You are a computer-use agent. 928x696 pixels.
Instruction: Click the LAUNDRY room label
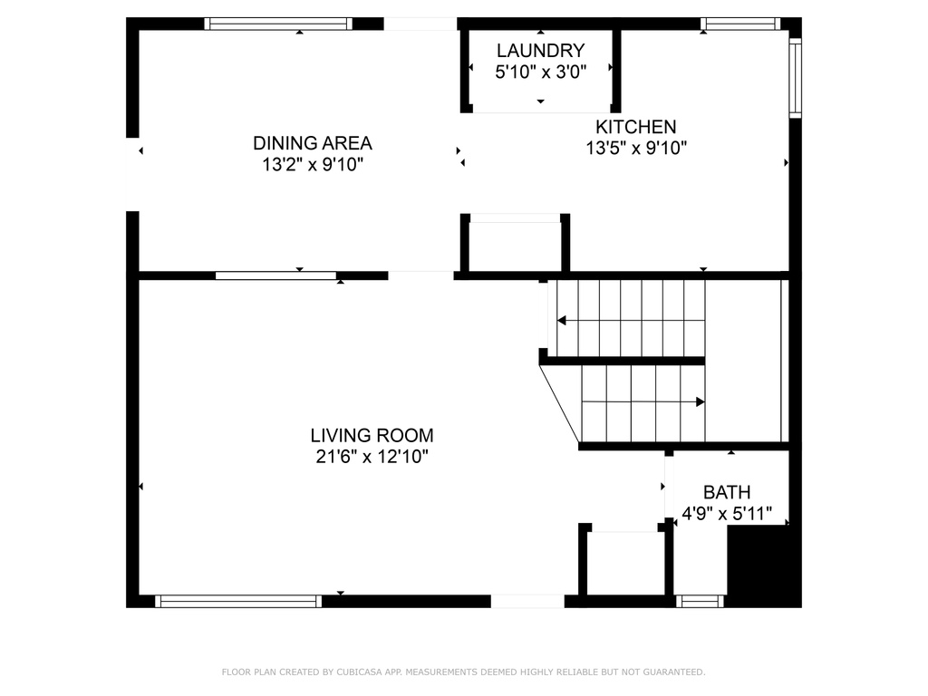pyautogui.click(x=540, y=51)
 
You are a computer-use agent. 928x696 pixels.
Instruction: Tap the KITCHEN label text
pyautogui.click(x=635, y=127)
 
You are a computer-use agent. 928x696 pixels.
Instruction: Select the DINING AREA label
pyautogui.click(x=313, y=143)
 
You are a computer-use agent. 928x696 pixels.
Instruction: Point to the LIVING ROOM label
pyautogui.click(x=372, y=436)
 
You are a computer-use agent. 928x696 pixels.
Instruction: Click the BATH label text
pyautogui.click(x=727, y=492)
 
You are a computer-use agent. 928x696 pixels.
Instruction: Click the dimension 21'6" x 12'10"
pyautogui.click(x=372, y=457)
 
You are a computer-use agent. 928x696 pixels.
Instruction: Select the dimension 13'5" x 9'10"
pyautogui.click(x=636, y=148)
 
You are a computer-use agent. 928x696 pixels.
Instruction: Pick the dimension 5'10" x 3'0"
pyautogui.click(x=540, y=72)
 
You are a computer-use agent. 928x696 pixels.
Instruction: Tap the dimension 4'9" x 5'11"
pyautogui.click(x=727, y=514)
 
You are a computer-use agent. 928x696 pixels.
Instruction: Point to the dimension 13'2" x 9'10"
pyautogui.click(x=313, y=165)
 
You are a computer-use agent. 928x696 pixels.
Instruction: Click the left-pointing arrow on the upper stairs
pyautogui.click(x=631, y=321)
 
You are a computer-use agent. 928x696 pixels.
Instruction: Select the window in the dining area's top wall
pyautogui.click(x=278, y=24)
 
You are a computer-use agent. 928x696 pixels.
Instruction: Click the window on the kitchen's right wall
pyautogui.click(x=796, y=78)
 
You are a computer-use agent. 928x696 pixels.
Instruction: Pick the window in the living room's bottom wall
pyautogui.click(x=238, y=602)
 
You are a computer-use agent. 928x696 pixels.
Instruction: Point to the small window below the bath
pyautogui.click(x=700, y=602)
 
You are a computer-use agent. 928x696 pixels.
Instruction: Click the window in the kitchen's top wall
pyautogui.click(x=740, y=24)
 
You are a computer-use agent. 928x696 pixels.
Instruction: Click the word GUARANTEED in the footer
pyautogui.click(x=674, y=672)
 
